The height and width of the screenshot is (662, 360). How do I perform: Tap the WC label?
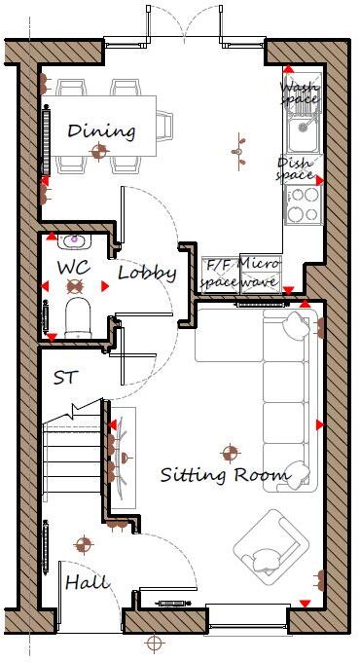[74, 266]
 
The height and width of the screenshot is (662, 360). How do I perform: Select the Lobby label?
[147, 274]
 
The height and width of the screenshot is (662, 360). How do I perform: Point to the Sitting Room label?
[226, 475]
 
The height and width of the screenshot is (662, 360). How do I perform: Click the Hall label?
[87, 582]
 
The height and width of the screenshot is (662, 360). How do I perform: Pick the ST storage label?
[66, 377]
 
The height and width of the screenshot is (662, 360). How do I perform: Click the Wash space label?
[300, 92]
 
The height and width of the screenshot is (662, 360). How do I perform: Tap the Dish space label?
[297, 168]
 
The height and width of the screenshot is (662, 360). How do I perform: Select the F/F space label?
[217, 273]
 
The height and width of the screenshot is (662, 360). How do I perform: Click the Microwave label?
[260, 273]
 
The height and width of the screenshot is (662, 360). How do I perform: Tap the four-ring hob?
[303, 204]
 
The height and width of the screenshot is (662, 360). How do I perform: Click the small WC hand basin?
[75, 239]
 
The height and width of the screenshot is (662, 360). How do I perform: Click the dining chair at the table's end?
[163, 125]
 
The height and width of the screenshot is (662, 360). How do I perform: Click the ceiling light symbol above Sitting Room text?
[231, 452]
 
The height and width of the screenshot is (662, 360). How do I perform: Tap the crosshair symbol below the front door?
[153, 644]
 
